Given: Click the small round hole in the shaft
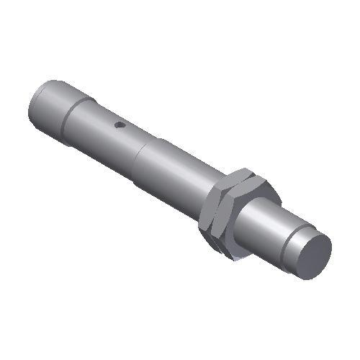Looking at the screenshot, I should (120, 127).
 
